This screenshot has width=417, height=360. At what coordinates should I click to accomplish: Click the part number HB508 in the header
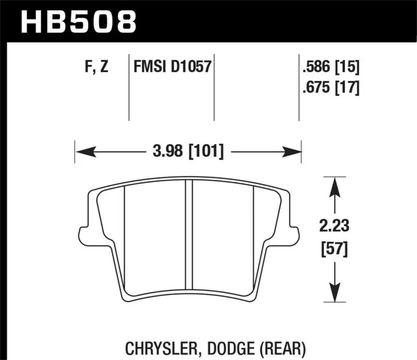click(x=78, y=22)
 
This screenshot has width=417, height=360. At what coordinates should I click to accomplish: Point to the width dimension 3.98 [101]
click(x=189, y=152)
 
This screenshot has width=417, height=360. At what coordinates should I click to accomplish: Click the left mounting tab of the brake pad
click(x=82, y=232)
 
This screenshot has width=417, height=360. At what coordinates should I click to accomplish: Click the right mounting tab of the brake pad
click(x=295, y=232)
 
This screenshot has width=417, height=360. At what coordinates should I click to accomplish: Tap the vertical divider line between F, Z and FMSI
click(x=129, y=86)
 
